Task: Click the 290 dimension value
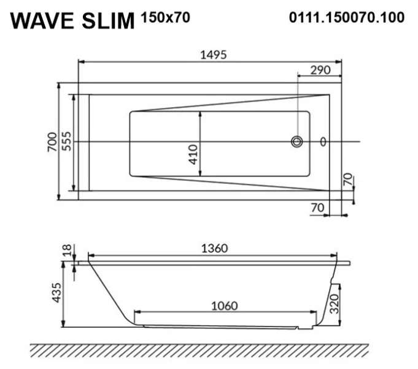320,69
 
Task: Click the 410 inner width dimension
193,153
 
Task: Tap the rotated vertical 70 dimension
347,180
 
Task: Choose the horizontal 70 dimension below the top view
317,208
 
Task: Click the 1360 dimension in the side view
214,248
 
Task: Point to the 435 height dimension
56,293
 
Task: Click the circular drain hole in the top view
297,142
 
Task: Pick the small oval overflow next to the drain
323,142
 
